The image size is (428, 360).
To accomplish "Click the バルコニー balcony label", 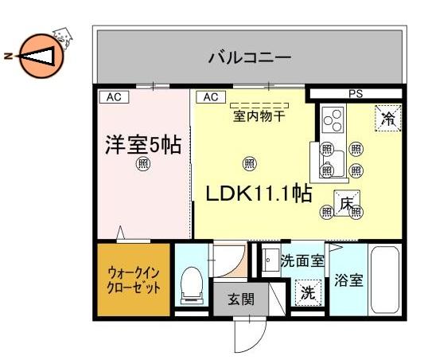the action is tap(250, 57).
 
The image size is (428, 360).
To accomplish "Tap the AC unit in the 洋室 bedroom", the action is tap(114, 97).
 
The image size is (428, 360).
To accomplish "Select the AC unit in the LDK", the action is tap(211, 97).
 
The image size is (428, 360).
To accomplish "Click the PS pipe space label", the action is tap(356, 94).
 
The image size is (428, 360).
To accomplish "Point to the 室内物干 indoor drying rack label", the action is tap(259, 116).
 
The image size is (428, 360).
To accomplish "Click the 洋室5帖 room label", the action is tap(143, 145).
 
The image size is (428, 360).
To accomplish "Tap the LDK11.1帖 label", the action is tap(259, 194).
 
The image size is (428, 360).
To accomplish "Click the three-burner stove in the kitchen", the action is tap(333, 119).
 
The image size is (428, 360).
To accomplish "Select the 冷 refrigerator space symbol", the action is tap(388, 118).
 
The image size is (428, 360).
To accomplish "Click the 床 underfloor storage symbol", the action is tap(347, 203).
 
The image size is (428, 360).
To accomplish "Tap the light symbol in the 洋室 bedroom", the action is tap(143, 164).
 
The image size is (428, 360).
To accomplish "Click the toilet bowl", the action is tap(192, 285).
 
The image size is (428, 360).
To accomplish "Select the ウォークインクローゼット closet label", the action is tap(134, 280).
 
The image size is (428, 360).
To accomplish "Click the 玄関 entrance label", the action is tap(241, 299).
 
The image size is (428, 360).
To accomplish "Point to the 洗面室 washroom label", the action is tap(302, 261).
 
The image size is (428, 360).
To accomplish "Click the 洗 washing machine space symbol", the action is tap(308, 293).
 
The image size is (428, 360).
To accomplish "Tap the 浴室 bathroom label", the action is tap(348, 280).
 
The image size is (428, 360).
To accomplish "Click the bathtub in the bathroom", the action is tap(385, 280).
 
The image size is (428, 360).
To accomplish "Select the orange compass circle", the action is tap(41, 56).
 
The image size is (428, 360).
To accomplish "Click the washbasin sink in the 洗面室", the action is tap(270, 260).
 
